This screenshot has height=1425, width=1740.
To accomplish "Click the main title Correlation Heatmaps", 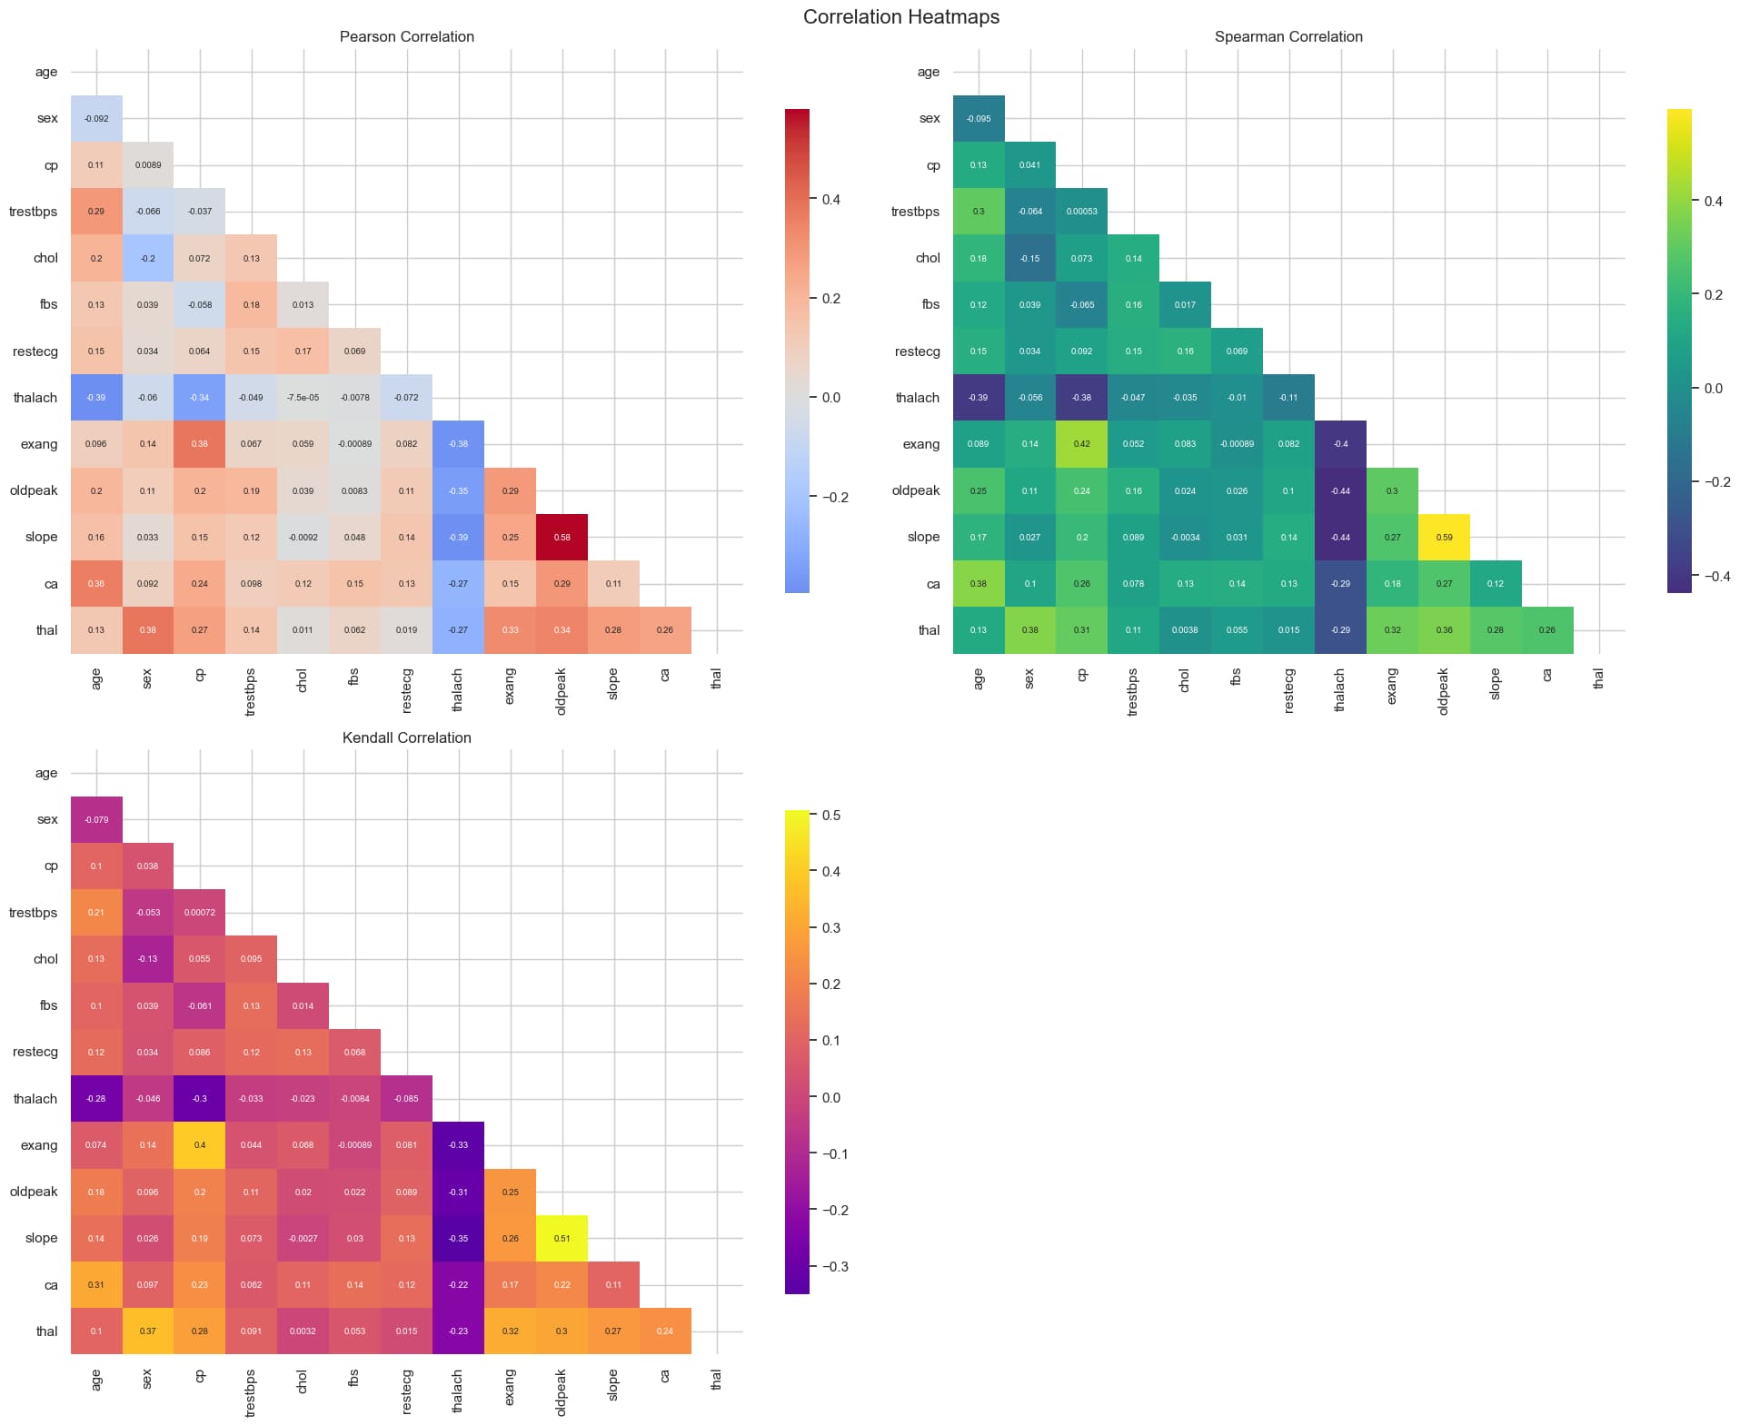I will pyautogui.click(x=900, y=17).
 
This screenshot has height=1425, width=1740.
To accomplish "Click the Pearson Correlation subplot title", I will pyautogui.click(x=406, y=37).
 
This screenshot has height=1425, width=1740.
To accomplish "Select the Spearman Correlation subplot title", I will pyautogui.click(x=1288, y=37).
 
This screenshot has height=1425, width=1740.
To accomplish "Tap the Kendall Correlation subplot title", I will pyautogui.click(x=406, y=737).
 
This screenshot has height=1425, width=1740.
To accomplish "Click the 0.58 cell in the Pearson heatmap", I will pyautogui.click(x=562, y=537).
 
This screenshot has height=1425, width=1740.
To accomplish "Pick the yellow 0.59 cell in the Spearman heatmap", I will pyautogui.click(x=1444, y=537).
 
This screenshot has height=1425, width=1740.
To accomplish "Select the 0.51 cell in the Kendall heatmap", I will pyautogui.click(x=562, y=1238).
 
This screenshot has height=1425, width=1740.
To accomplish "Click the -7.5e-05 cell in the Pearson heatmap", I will pyautogui.click(x=303, y=398).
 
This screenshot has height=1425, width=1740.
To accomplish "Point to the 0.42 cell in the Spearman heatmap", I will pyautogui.click(x=1081, y=444).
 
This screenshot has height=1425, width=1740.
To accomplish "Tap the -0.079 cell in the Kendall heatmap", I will pyautogui.click(x=96, y=819).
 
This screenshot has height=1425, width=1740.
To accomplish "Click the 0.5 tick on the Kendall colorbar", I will pyautogui.click(x=830, y=816).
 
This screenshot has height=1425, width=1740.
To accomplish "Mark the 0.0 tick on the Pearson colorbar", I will pyautogui.click(x=830, y=398).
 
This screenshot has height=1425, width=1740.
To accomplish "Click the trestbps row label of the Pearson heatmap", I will pyautogui.click(x=34, y=212).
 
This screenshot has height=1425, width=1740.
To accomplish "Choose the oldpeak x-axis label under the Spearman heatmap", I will pyautogui.click(x=1444, y=691).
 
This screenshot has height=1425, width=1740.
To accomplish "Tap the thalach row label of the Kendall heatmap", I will pyautogui.click(x=35, y=1099).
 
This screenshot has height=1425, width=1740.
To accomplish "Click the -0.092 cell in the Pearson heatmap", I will pyautogui.click(x=96, y=119).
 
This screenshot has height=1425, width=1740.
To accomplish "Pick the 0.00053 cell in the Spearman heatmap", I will pyautogui.click(x=1081, y=212).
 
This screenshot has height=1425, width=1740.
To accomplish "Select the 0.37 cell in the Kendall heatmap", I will pyautogui.click(x=148, y=1331).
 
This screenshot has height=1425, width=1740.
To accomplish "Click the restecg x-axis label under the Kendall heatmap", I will pyautogui.click(x=406, y=1391).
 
